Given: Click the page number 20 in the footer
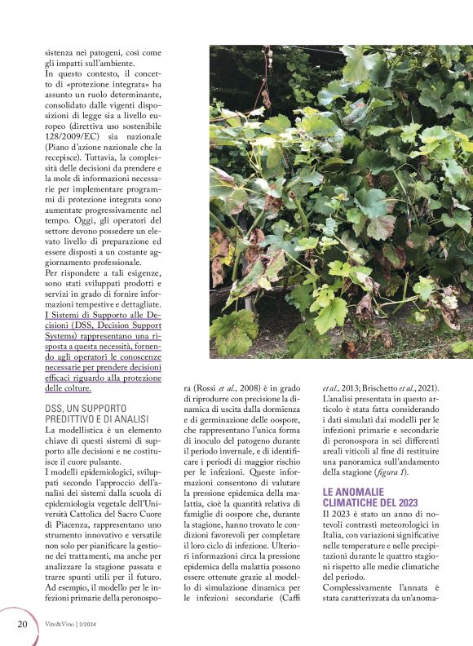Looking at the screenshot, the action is [x=22, y=624].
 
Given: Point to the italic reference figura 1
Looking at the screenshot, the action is [x=396, y=471].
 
